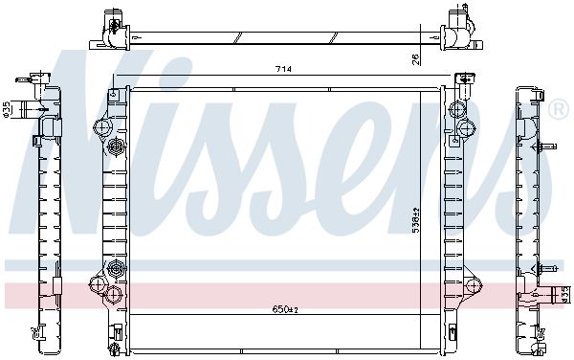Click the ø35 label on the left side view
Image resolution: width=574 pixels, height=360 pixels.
pos(7,110)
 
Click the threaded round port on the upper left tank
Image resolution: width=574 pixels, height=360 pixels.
pos(117,147)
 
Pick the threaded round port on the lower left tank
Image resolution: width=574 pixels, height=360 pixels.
pos(117,267)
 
